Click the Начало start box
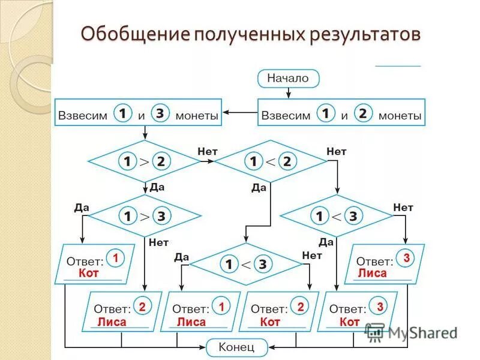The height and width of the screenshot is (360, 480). point(288,78)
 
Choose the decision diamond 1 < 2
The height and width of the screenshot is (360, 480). point(271,161)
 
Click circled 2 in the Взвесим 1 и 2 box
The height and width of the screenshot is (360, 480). point(363,113)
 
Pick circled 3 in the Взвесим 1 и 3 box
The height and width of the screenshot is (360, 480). point(160,113)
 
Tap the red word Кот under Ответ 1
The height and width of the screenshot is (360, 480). point(88,274)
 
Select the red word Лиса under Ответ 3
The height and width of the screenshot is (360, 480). point(373,274)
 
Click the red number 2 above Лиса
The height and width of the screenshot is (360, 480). point(142,307)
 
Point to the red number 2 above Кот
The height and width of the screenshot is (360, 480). point(301,307)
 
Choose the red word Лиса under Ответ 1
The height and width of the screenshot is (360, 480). point(191,322)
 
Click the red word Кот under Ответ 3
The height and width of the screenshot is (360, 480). point(349,322)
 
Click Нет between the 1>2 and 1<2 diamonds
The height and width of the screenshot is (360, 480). point(208,152)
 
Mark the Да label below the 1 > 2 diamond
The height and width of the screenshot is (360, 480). point(157,187)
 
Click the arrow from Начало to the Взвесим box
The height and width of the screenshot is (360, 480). point(289,92)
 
